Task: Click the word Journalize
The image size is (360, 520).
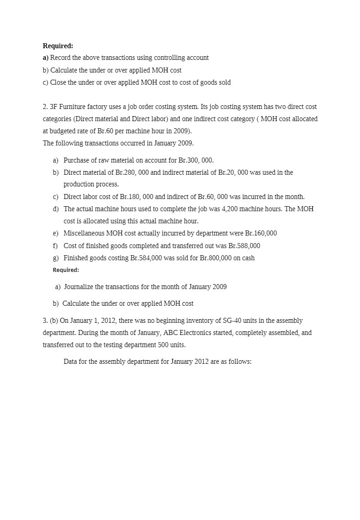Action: [x=79, y=287]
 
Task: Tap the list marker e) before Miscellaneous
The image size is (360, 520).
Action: [x=55, y=233]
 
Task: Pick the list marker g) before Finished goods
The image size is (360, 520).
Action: [x=55, y=258]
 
